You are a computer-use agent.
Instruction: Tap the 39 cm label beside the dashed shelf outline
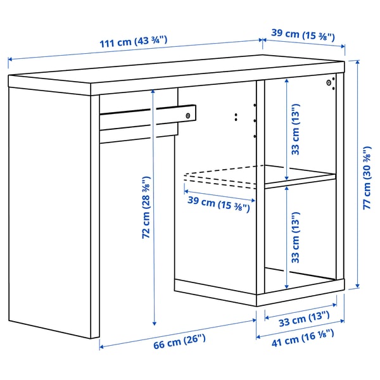218,203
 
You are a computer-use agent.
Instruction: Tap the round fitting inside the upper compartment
329,82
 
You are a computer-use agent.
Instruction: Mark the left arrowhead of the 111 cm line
10,61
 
